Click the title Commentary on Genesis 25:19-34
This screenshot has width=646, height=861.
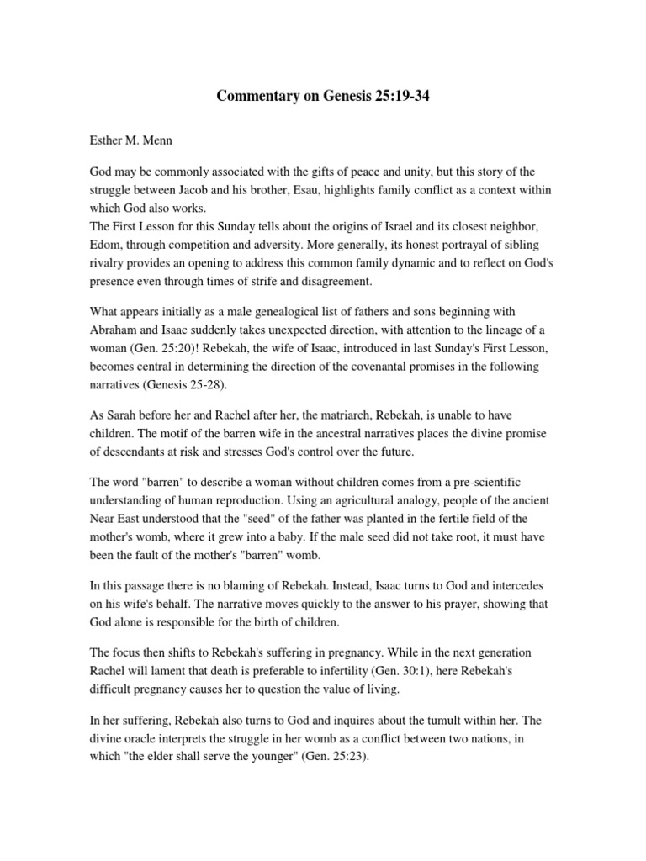click(323, 95)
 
